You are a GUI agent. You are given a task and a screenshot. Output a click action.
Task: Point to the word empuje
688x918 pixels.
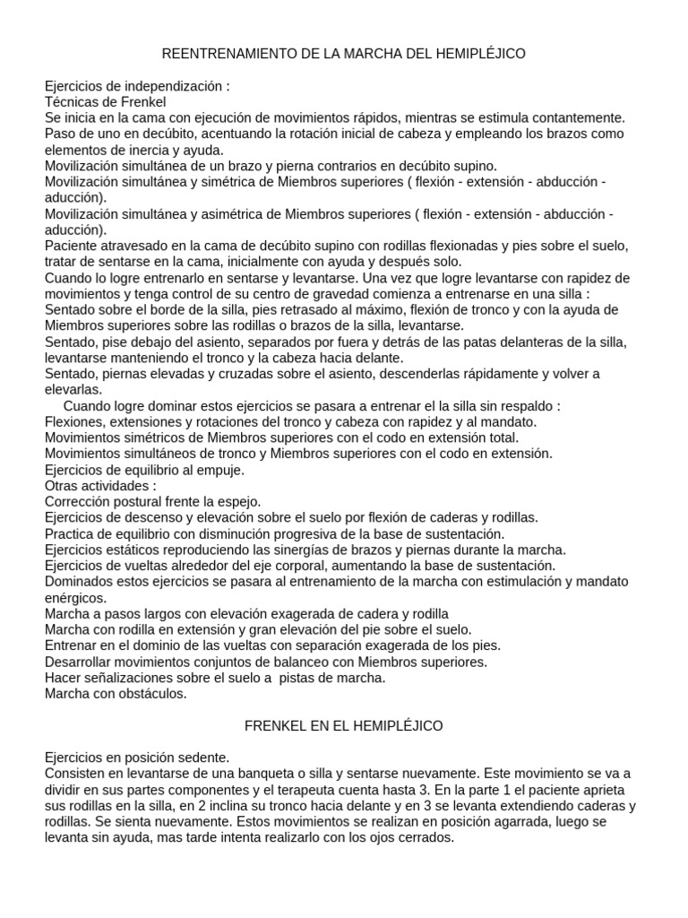(218, 469)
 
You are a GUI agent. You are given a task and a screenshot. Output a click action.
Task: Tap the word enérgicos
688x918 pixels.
(75, 597)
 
